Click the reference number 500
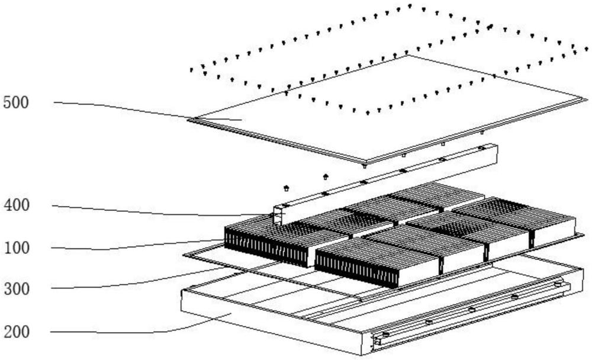tap(16, 103)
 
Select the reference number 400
tap(17, 205)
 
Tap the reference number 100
tap(17, 248)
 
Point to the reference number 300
tap(17, 289)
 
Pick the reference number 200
tap(17, 332)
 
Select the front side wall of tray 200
tap(271, 322)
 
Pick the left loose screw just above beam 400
tap(286, 188)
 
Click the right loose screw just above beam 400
tap(326, 176)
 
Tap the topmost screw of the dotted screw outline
tap(410, 6)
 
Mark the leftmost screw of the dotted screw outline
tap(192, 70)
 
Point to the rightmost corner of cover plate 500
tap(586, 99)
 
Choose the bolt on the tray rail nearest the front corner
tap(385, 335)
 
